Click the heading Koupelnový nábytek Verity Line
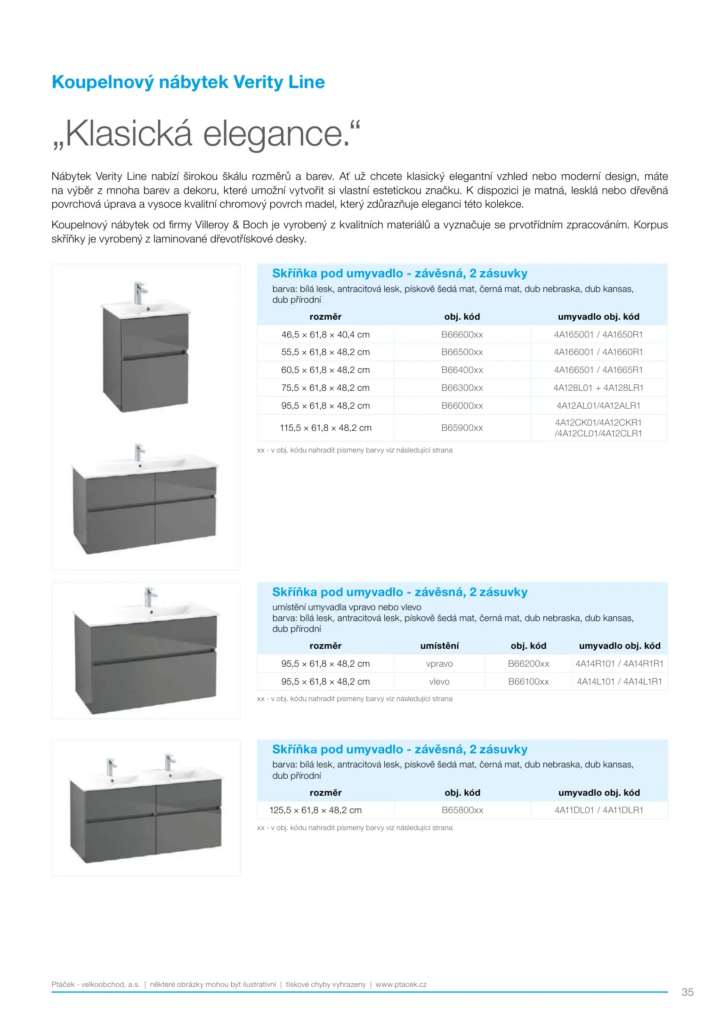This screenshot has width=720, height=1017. [188, 82]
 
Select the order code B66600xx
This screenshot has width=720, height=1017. [462, 335]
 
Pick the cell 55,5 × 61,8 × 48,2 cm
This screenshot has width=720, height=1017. [325, 352]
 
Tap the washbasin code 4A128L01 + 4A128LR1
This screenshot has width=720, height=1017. [598, 388]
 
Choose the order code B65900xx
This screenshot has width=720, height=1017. [462, 428]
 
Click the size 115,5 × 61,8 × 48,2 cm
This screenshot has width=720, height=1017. [325, 428]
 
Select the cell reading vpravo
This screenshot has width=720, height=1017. [439, 664]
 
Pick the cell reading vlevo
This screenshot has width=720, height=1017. [439, 682]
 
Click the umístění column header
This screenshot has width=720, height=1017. [439, 646]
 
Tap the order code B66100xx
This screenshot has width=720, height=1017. [528, 682]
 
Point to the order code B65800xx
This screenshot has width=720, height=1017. [462, 810]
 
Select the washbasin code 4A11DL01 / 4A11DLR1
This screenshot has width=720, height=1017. [599, 810]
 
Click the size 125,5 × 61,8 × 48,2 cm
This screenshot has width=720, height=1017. [316, 810]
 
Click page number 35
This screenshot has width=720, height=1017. [688, 992]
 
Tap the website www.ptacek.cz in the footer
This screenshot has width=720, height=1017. [401, 985]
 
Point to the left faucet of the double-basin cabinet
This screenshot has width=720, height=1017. [111, 766]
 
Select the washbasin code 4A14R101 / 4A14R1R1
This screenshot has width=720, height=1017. [619, 664]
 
